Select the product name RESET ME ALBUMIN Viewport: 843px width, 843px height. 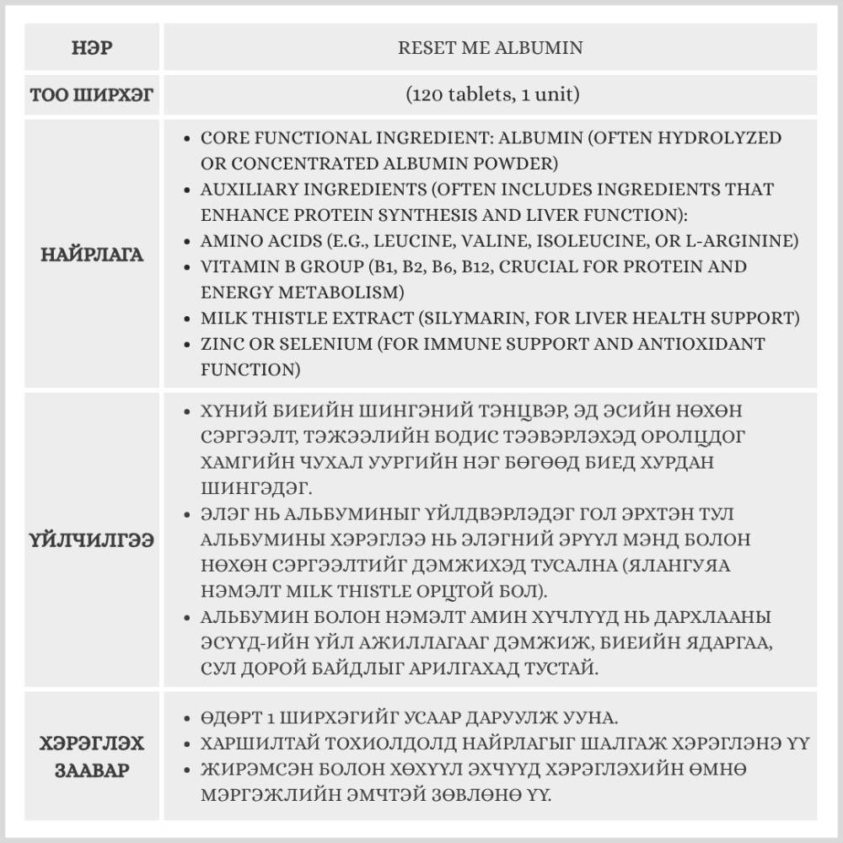tap(490, 47)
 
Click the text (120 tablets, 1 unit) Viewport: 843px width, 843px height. tap(490, 94)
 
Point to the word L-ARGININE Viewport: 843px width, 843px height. tap(744, 241)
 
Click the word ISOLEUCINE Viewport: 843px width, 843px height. tap(590, 241)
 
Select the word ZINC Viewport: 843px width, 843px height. tap(223, 345)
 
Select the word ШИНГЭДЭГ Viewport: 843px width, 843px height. tap(250, 487)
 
